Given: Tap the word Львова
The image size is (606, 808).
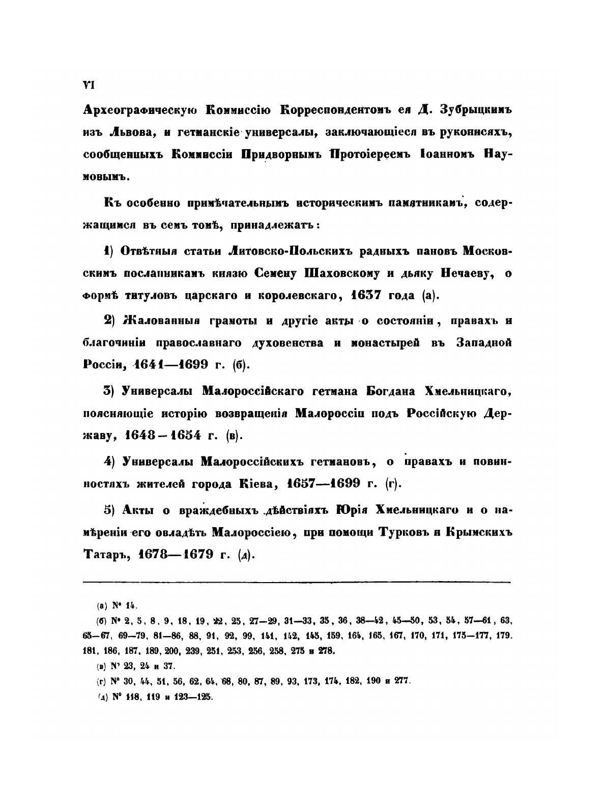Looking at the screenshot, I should pyautogui.click(x=133, y=132).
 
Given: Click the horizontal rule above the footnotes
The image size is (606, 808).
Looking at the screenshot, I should pyautogui.click(x=296, y=583).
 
